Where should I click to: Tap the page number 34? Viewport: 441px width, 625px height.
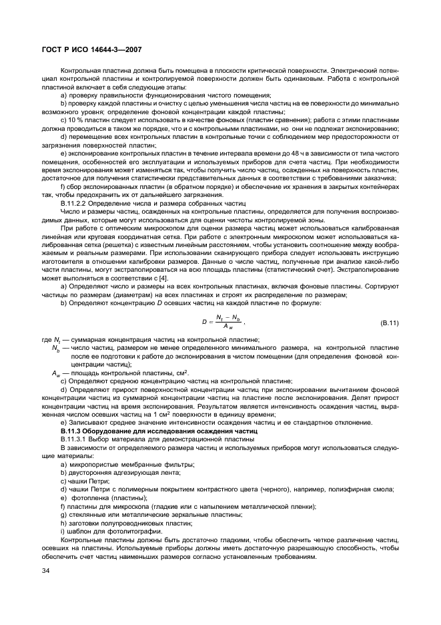tap(45, 571)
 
